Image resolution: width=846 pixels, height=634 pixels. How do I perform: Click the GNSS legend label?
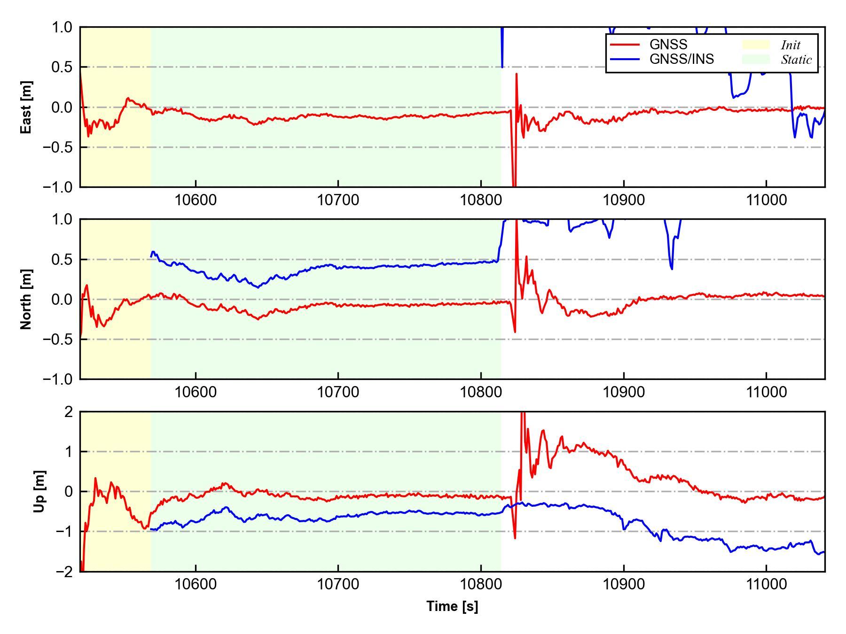tap(668, 45)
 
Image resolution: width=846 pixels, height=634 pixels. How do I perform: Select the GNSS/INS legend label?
tap(681, 59)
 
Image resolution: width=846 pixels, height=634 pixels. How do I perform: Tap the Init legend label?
tap(791, 45)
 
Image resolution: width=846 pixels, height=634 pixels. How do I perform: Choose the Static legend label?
tap(796, 60)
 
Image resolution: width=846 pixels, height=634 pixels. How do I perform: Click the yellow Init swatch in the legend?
tap(756, 45)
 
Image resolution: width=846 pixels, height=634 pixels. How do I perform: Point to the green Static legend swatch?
tap(756, 59)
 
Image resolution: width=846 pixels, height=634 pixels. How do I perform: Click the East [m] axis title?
tap(27, 107)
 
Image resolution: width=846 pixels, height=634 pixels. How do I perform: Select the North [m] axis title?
tap(27, 299)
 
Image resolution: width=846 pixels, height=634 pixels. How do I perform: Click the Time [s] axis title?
tap(452, 606)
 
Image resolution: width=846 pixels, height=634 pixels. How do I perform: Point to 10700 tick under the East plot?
tap(338, 200)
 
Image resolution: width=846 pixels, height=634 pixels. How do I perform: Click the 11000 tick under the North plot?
tap(766, 392)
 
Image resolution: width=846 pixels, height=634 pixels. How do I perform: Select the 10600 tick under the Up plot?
tap(195, 584)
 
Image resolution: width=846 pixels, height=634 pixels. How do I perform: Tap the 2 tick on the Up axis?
tap(69, 412)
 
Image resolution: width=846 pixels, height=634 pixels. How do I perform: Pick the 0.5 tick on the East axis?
tap(62, 67)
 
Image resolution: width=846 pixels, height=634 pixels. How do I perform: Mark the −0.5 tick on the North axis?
tap(58, 339)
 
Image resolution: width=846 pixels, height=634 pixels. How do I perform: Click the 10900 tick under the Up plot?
tap(623, 584)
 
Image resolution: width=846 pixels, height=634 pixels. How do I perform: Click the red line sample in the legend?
tap(625, 45)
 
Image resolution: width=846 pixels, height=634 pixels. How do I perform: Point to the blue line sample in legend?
tap(625, 59)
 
